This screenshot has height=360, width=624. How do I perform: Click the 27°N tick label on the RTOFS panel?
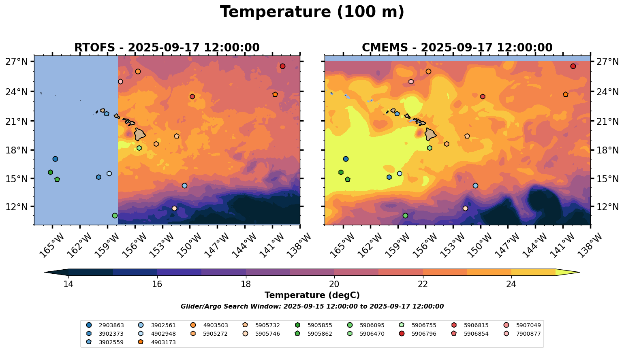17,62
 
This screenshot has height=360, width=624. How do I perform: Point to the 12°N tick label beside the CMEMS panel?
608,207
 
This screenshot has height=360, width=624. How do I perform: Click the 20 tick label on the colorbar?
334,284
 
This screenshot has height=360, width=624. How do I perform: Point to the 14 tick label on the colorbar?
68,284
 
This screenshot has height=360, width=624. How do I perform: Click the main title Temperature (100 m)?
312,12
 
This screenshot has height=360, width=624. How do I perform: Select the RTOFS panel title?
167,48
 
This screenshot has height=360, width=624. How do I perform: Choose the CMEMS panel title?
457,48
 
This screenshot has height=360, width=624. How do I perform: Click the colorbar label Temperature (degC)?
312,295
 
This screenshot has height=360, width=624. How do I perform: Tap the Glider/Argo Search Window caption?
312,307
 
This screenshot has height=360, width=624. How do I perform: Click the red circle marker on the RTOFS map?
282,66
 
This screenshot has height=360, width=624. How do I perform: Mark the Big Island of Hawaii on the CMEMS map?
430,134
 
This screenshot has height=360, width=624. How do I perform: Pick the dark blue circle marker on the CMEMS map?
346,159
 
